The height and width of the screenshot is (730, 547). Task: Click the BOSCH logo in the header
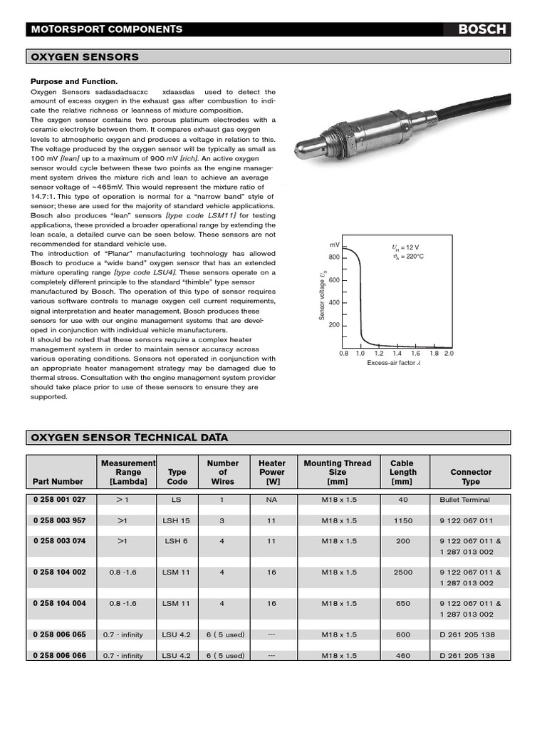tap(481, 29)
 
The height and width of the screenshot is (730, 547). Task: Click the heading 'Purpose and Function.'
tap(73, 82)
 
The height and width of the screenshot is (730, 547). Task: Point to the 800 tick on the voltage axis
tap(334, 257)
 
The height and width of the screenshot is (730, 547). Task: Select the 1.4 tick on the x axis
tap(397, 353)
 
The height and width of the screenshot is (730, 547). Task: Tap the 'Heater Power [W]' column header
tap(271, 472)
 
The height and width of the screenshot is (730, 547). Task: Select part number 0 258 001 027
tap(59, 500)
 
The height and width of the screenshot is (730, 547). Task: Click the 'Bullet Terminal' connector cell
tap(464, 500)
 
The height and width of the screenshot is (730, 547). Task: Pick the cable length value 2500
tap(402, 572)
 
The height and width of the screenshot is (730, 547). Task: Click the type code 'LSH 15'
tap(176, 520)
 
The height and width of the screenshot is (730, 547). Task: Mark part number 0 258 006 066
tap(59, 655)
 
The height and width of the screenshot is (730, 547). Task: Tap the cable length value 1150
tap(402, 520)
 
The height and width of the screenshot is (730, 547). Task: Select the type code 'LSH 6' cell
tap(176, 541)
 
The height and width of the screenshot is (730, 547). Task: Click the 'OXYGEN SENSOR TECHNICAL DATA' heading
tap(128, 437)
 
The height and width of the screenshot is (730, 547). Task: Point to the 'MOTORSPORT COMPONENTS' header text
tap(106, 29)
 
